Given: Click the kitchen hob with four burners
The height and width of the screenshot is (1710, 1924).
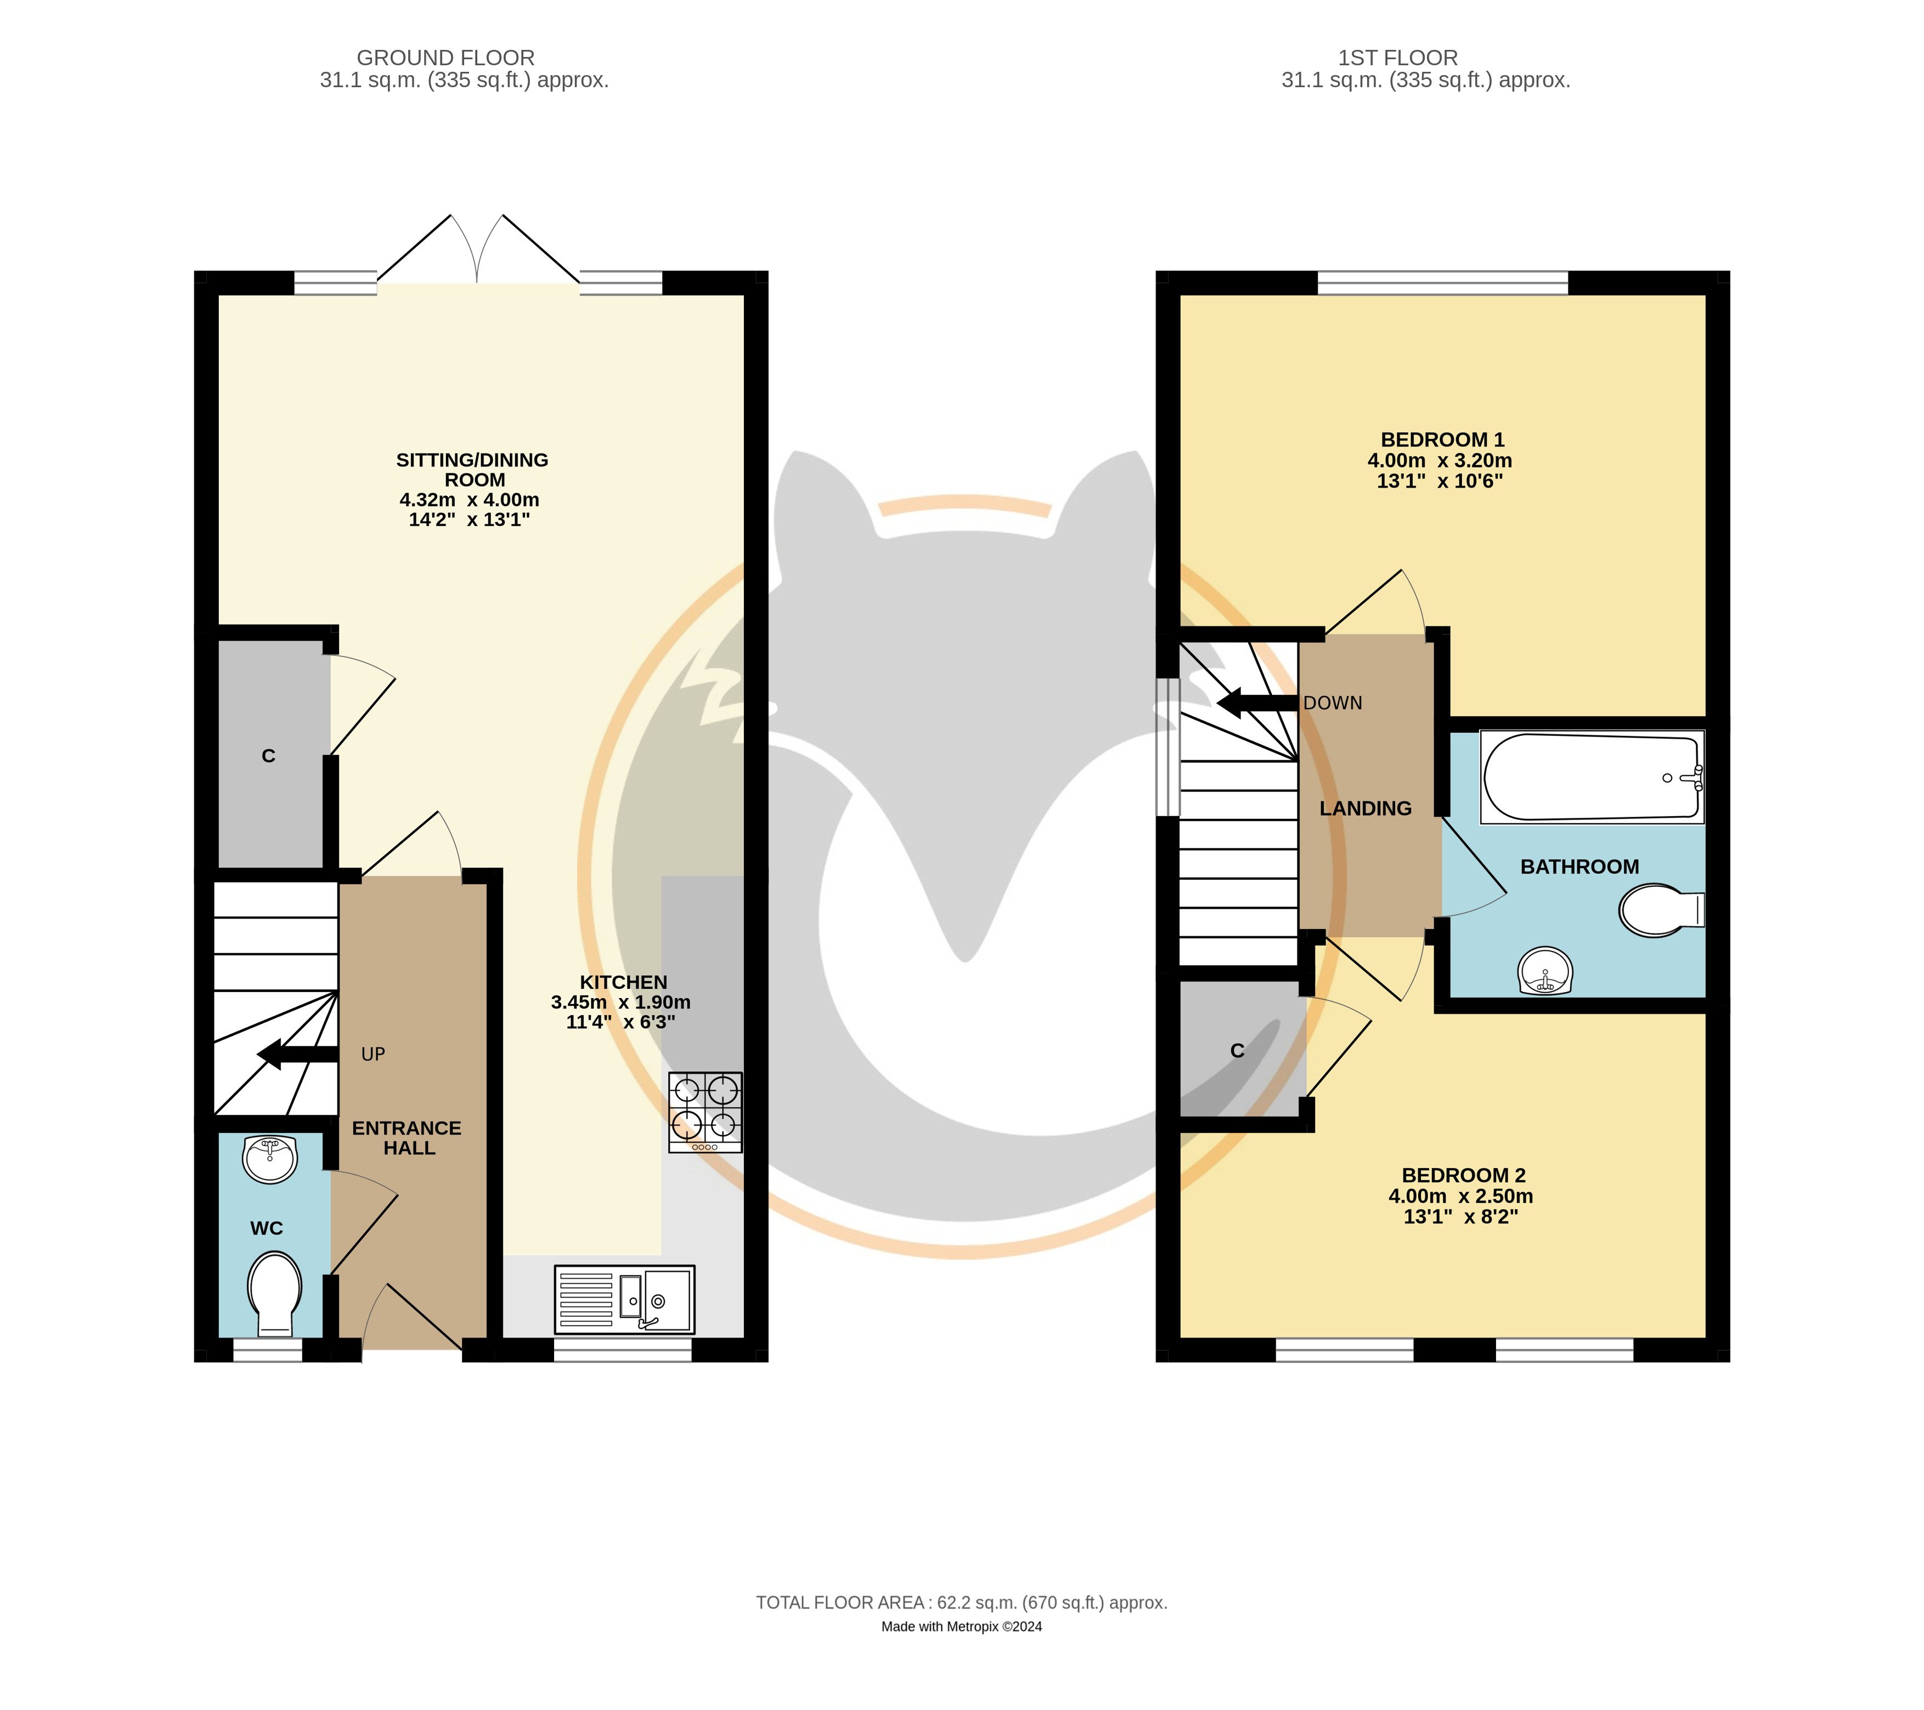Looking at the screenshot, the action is pos(705,1112).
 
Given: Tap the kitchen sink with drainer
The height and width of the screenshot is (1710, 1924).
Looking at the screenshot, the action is pos(625,1300).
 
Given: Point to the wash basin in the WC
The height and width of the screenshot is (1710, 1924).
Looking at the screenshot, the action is pos(270,1158).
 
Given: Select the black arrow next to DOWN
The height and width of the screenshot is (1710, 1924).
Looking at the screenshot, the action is pos(1257,703).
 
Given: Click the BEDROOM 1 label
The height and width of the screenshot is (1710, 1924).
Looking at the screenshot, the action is pos(1442,439).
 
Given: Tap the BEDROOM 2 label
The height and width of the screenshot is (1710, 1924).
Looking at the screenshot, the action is pos(1463,1175).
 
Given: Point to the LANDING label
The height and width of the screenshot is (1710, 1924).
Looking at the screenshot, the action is pos(1365,808).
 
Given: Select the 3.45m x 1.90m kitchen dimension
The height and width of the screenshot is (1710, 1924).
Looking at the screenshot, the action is pos(621,1003).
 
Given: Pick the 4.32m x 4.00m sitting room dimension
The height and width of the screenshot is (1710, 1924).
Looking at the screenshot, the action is pos(470,500).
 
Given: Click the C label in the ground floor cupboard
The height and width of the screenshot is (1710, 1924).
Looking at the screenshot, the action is pos(268,756).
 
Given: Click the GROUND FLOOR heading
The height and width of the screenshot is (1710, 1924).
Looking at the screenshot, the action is pos(445,58).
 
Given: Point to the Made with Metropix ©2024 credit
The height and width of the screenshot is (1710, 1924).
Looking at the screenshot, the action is pos(961,1626).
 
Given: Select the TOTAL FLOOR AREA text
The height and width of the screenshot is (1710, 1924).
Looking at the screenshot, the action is pos(840,1603).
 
